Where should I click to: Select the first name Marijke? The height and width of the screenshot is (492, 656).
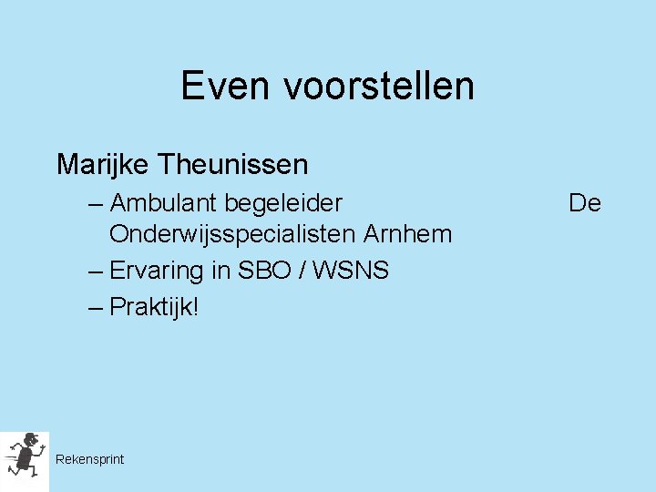102,165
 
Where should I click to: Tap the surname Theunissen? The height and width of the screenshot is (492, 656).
232,165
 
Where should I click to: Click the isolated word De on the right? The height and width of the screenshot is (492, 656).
585,202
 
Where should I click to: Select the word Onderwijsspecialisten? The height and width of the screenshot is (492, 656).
232,235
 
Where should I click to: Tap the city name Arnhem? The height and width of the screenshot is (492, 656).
407,234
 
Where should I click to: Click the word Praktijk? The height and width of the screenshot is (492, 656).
153,307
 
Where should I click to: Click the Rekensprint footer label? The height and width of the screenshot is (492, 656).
89,459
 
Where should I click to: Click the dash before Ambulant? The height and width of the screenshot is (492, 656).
97,203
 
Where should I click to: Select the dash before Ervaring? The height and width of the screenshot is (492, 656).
97,272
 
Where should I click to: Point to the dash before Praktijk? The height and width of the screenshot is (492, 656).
97,308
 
